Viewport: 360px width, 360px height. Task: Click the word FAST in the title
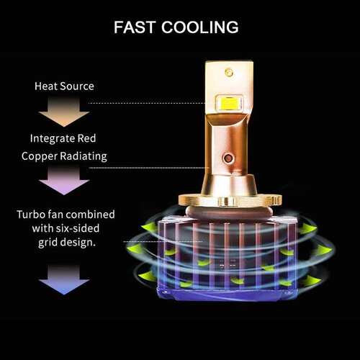click(135, 27)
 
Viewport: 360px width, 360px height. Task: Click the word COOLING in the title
click(200, 27)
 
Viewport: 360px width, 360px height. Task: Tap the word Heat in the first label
click(46, 86)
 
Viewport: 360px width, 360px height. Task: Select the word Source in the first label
click(77, 86)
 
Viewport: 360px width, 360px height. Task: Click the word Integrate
click(49, 138)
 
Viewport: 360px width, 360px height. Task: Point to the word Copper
click(39, 156)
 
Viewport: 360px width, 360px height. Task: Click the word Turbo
click(31, 215)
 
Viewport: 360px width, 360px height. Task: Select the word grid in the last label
click(48, 243)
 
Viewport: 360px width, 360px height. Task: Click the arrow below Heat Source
click(64, 112)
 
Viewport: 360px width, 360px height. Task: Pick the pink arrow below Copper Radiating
click(64, 181)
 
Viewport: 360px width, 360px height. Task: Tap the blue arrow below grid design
click(64, 280)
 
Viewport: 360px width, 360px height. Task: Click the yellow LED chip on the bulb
click(229, 103)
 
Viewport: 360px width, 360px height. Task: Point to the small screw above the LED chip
click(229, 72)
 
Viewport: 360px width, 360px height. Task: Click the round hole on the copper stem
click(228, 158)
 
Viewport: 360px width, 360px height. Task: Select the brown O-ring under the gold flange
click(229, 212)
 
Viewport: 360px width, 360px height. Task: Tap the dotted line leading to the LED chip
click(146, 103)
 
